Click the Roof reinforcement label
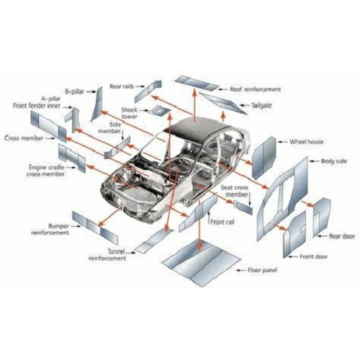coord(256,89)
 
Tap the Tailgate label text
coord(261,105)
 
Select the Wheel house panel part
coord(264,157)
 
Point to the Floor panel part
coord(201,263)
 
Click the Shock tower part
coord(158,111)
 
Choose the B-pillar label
coord(75,91)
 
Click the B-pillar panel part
coord(97,104)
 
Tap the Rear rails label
coord(122,86)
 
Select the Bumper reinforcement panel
coord(95,228)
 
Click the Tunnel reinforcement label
coord(107,255)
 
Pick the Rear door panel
coord(322,217)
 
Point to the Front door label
coord(314,256)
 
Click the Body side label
coord(334,161)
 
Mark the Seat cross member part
coord(243,207)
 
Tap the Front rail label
coord(222,222)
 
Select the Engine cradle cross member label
coord(45,171)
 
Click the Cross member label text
coord(24,138)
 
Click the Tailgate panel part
coord(223,104)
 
